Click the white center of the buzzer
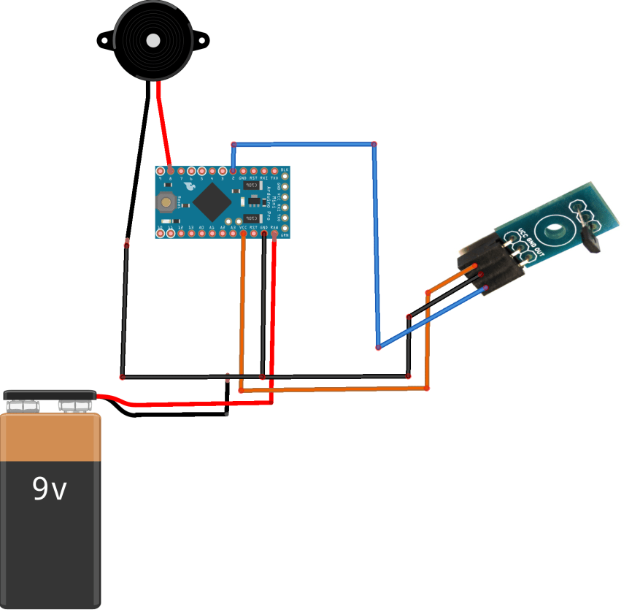[x=153, y=41]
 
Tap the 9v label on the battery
[x=50, y=489]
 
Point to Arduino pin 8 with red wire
[x=170, y=171]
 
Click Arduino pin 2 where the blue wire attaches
[x=233, y=171]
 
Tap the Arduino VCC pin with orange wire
[x=243, y=234]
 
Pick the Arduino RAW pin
[x=274, y=234]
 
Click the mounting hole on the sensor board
[x=556, y=231]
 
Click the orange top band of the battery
[x=51, y=438]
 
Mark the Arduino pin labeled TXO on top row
[x=274, y=171]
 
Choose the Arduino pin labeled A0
[x=201, y=234]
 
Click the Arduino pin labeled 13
[x=191, y=234]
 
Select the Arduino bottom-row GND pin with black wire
[x=264, y=234]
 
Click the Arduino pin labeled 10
[x=160, y=234]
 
